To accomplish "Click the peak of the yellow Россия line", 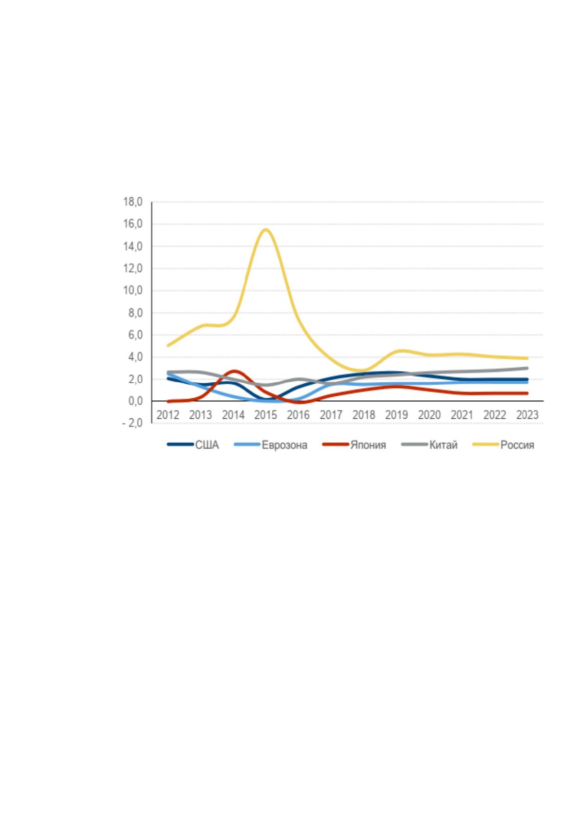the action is [x=266, y=229].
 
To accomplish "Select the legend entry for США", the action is [x=193, y=445].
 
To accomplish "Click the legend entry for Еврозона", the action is [x=271, y=445].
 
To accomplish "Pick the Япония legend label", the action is [x=354, y=445].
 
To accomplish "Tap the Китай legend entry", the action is [x=430, y=445].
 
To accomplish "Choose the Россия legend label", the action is [x=504, y=445].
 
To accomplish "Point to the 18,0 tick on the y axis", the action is [x=133, y=202].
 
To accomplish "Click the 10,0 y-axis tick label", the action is [x=133, y=291].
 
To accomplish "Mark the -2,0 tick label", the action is [x=132, y=423].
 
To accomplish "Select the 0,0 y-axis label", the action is [x=135, y=401].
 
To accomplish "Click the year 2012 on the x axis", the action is [x=168, y=415].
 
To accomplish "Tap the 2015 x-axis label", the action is [x=266, y=415].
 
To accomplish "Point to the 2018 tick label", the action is [x=364, y=415].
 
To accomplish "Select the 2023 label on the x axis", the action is [x=527, y=415].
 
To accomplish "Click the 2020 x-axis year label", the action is [x=429, y=415].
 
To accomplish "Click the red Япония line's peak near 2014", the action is [x=234, y=371].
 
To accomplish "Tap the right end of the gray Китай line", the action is [x=527, y=368].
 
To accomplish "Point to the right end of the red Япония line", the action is [x=527, y=393].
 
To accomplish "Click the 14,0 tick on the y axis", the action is [x=133, y=246].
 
